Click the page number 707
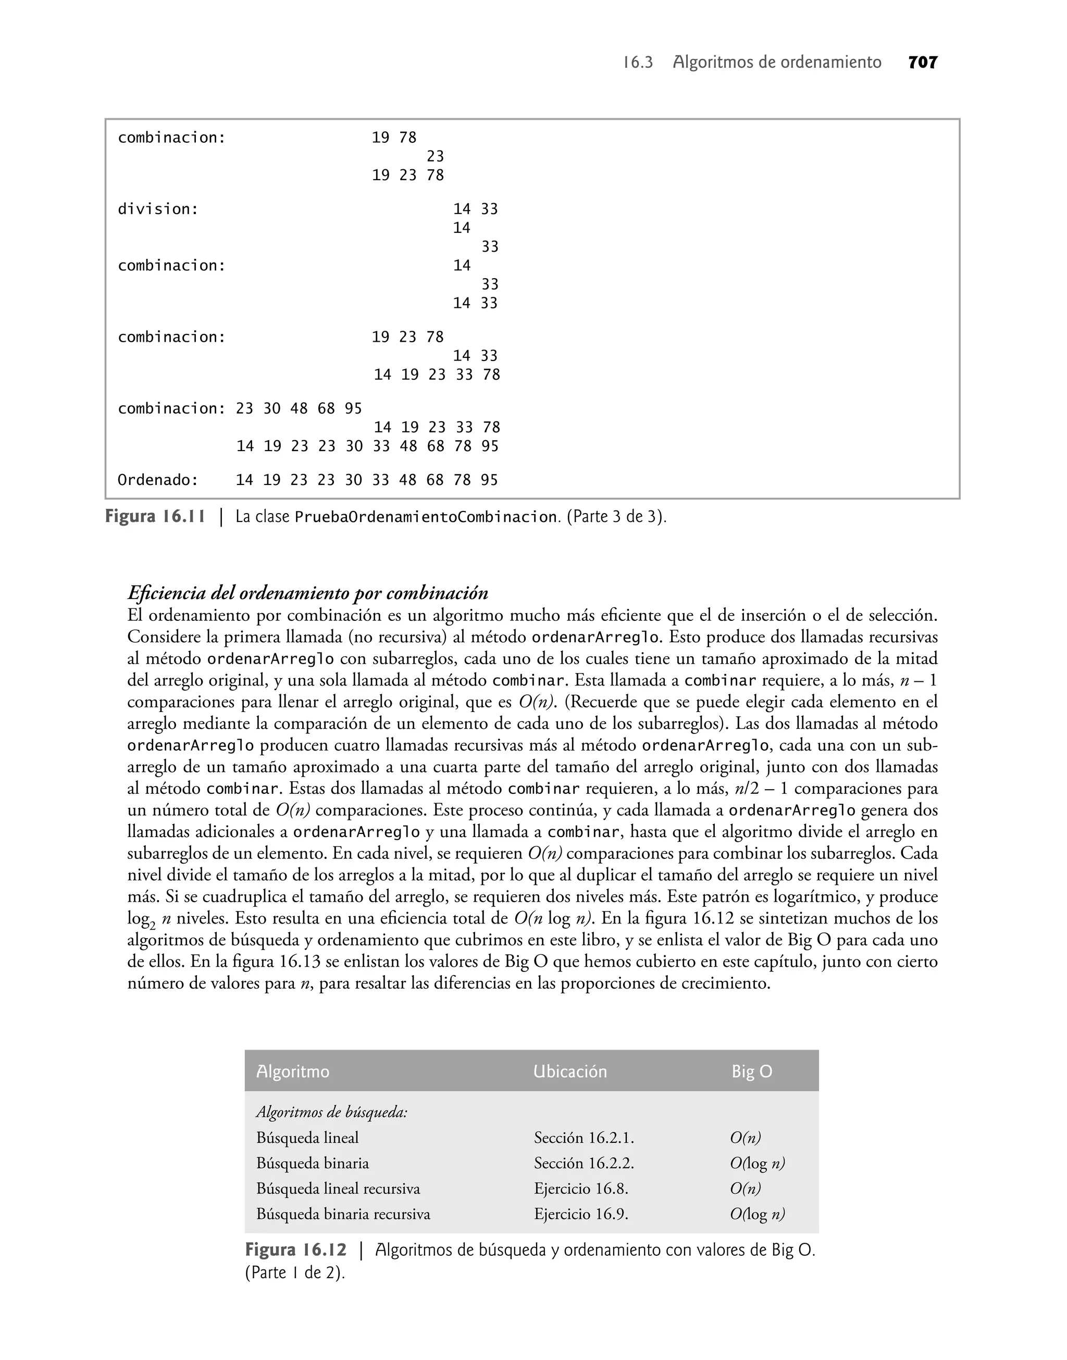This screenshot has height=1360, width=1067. tap(923, 63)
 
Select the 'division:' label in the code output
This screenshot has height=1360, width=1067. tap(158, 209)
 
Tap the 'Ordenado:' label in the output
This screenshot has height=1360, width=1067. tap(158, 480)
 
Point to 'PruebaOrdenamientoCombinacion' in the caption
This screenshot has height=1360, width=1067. tap(426, 518)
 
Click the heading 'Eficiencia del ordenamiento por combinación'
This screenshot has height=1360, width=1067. tap(307, 593)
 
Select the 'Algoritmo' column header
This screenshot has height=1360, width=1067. tap(292, 1071)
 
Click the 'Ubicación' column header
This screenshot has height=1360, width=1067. tap(570, 1071)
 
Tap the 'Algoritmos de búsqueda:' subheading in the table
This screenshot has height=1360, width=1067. tap(332, 1112)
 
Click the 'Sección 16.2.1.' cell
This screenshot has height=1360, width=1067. tap(584, 1138)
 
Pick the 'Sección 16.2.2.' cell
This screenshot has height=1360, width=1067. tap(584, 1163)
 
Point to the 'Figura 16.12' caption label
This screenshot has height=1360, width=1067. tap(295, 1250)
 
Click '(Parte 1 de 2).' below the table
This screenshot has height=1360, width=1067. tap(295, 1272)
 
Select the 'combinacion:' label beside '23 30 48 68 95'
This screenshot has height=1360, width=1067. tap(171, 408)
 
